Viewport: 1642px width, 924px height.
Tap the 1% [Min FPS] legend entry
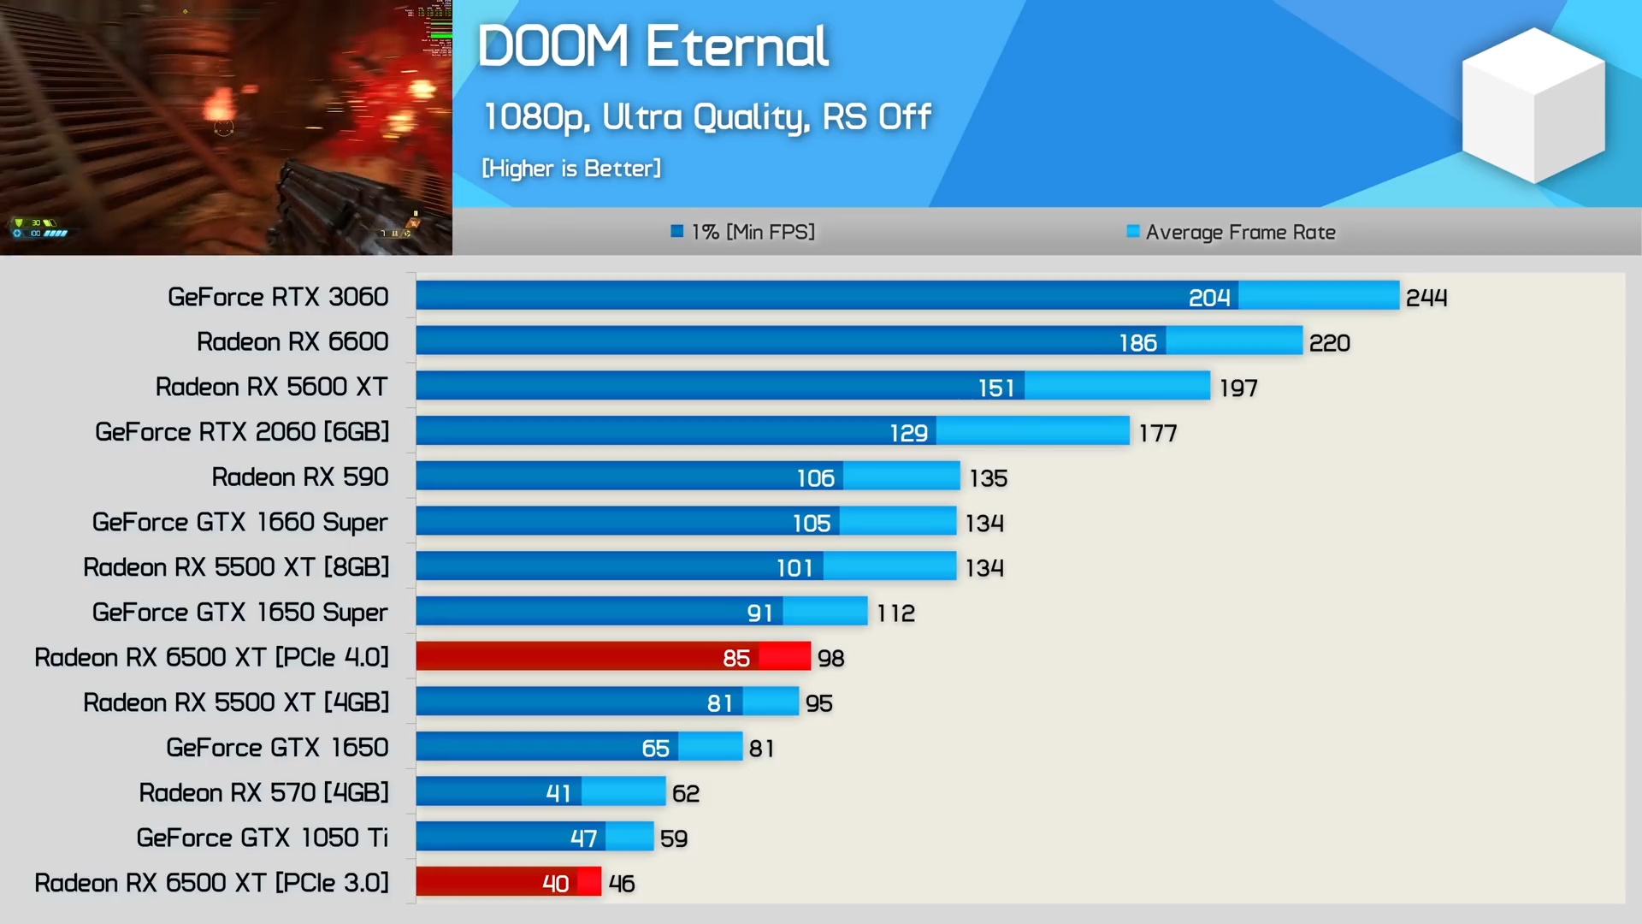(743, 232)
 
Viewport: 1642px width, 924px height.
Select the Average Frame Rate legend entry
(1231, 232)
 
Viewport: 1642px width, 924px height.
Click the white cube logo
(1533, 104)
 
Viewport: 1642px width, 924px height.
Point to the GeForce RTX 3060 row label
(278, 297)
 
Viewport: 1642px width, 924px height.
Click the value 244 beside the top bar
(1426, 298)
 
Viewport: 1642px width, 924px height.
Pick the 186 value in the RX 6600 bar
(1137, 343)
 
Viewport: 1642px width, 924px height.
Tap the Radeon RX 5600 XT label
(272, 387)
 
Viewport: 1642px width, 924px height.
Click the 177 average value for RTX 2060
(1157, 433)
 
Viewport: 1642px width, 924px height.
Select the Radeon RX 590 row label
(300, 477)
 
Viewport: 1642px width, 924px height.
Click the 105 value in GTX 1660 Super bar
(811, 523)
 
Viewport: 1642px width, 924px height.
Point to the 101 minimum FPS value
(794, 568)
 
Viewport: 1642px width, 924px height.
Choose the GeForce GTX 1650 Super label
(239, 613)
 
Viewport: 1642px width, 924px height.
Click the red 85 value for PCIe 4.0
(735, 658)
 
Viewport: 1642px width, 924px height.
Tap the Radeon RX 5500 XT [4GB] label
(236, 702)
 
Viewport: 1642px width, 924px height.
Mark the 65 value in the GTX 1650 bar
(655, 749)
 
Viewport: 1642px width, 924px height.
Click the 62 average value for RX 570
(685, 793)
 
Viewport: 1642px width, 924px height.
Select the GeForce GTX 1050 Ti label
(262, 838)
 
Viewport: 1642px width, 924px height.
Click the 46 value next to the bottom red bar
(621, 884)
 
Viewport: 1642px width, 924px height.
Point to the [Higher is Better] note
(571, 169)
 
